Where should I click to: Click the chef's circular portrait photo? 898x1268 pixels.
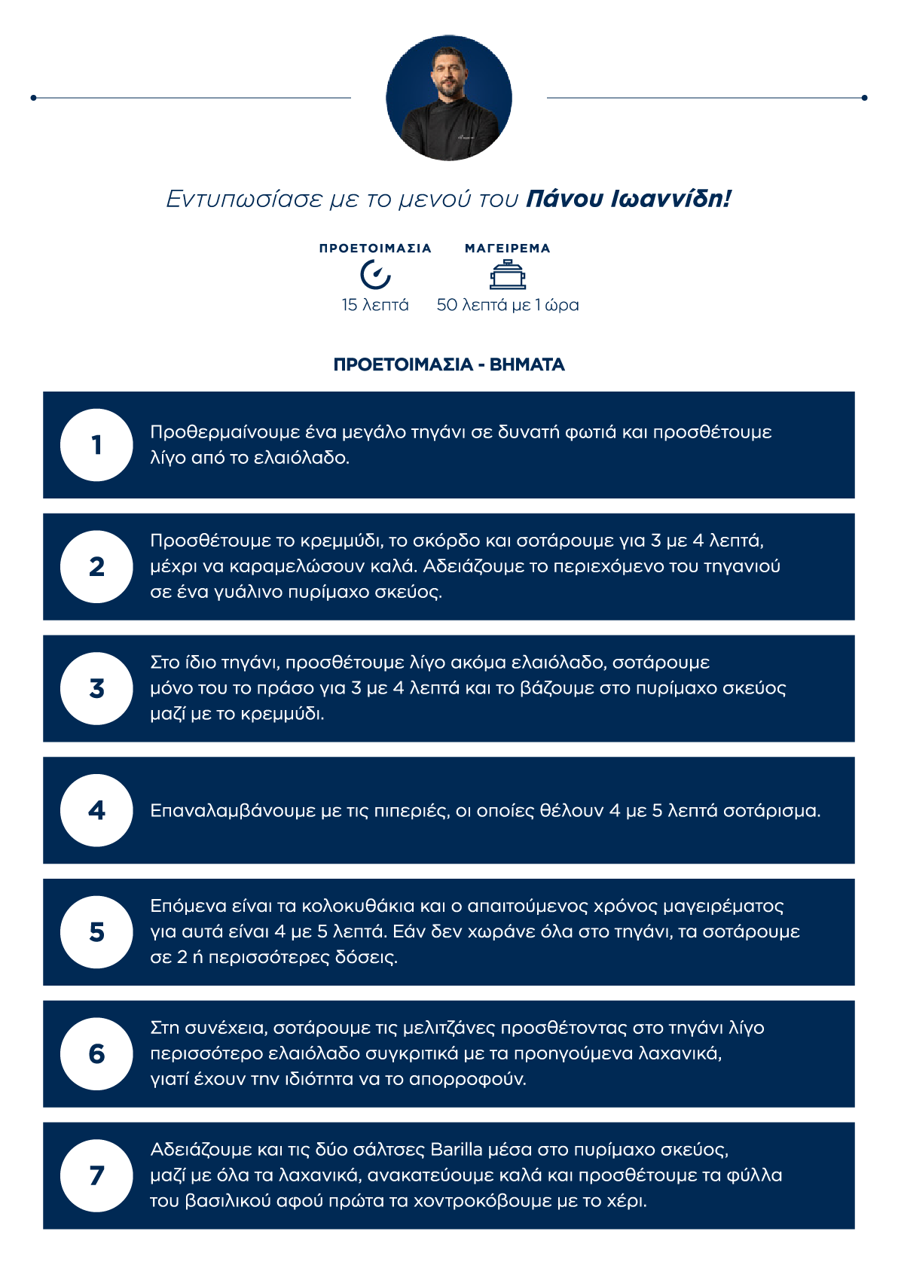pos(449,98)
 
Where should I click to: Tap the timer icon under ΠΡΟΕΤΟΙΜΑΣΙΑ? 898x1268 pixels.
pos(375,274)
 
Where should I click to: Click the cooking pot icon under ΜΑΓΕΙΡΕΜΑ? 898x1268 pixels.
pos(508,275)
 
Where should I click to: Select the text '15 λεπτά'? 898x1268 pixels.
pos(375,305)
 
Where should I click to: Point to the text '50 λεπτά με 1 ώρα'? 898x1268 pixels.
pos(508,305)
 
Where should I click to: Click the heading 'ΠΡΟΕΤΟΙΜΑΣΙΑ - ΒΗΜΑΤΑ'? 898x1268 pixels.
pos(449,365)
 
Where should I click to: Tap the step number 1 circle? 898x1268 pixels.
pos(96,445)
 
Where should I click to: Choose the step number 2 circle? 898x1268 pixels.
pos(96,567)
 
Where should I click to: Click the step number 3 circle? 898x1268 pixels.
pos(96,688)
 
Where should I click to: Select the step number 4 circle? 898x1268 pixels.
pos(96,810)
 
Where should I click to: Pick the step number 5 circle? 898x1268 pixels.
pos(96,932)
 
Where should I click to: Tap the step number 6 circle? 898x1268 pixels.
pos(96,1053)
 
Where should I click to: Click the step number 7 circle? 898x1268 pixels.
pos(96,1175)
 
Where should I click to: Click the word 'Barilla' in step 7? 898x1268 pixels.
pos(457,1150)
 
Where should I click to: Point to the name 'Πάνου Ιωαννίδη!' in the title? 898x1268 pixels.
pos(628,199)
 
